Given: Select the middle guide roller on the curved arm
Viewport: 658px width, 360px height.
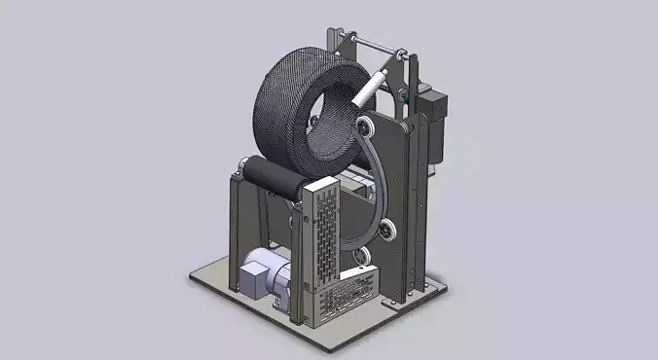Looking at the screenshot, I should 388,231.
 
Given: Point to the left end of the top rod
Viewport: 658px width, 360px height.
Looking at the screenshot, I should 342,37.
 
